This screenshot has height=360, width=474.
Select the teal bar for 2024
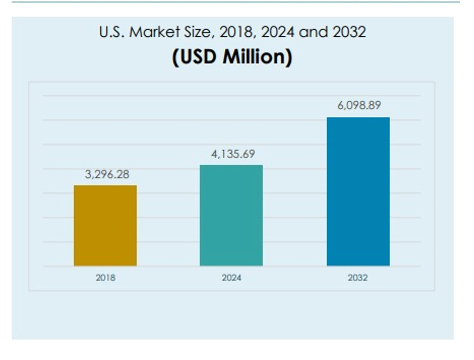pos(231,215)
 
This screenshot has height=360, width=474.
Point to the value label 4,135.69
pos(233,154)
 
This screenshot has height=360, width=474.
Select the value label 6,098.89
pos(359,105)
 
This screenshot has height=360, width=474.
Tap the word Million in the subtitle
pos(256,56)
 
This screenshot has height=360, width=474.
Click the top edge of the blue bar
pos(358,117)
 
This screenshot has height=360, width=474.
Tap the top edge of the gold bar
pos(105,186)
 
